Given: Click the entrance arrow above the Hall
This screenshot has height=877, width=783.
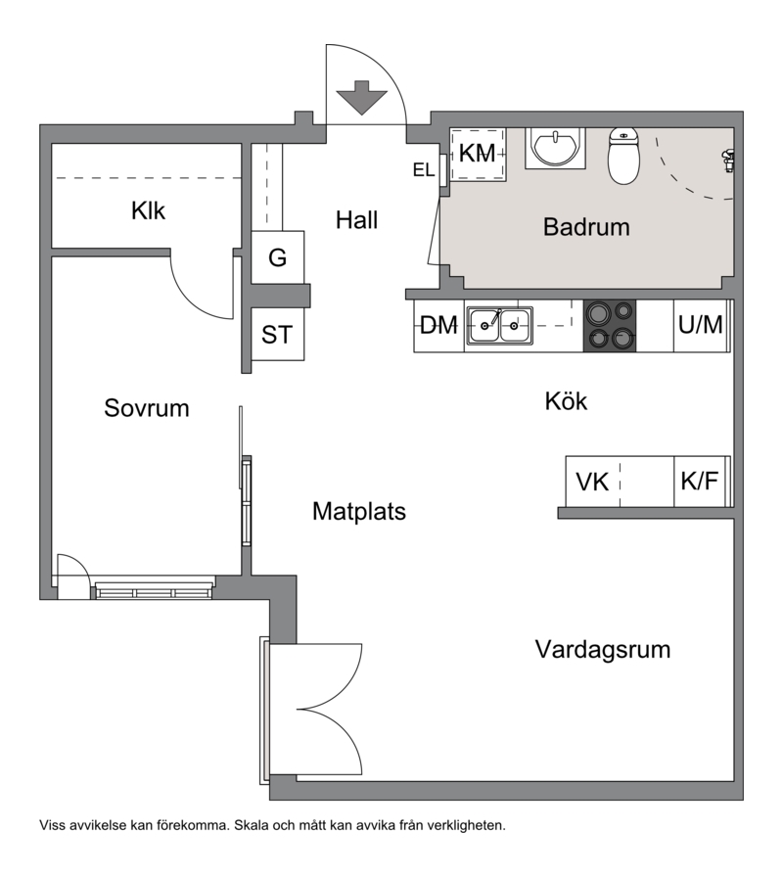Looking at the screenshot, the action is click(362, 97).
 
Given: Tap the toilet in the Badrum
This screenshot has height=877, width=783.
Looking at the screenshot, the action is click(623, 156).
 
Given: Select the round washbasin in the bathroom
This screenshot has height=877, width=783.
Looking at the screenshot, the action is click(555, 148).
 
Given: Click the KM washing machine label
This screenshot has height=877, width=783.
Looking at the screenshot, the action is click(477, 154).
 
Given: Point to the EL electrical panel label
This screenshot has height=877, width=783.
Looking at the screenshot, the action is click(424, 170).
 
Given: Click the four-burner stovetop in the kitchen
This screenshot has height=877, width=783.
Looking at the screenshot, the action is click(610, 326).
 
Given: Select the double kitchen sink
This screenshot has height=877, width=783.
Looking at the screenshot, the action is click(499, 326).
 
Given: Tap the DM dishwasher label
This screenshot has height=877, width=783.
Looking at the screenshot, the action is click(438, 325).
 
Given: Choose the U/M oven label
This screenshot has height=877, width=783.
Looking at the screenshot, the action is click(700, 324).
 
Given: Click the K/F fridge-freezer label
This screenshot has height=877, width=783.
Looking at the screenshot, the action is click(699, 481).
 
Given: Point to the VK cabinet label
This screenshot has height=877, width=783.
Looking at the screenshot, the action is click(592, 483).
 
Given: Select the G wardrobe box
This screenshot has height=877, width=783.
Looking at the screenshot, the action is click(278, 257).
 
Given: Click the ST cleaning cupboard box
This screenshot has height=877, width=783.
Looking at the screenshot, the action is click(278, 335).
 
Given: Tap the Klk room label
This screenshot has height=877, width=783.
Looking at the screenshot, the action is click(148, 210).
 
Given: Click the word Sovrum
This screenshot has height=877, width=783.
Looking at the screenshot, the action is click(147, 408).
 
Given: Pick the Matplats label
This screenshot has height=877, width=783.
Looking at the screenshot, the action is click(359, 511).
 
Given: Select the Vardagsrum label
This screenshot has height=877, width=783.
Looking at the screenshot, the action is click(603, 649).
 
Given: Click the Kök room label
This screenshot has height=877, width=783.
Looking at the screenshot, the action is click(566, 401).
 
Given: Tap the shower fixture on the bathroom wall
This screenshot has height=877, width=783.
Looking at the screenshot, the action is click(728, 161).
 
